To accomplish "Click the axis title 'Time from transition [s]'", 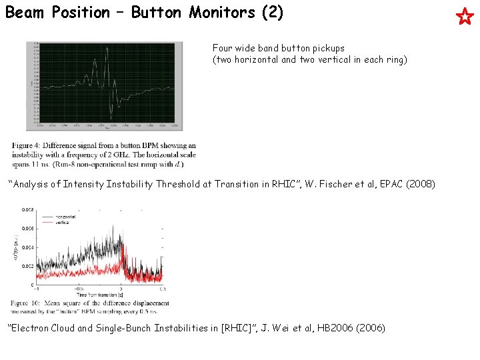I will click(x=101, y=295).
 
